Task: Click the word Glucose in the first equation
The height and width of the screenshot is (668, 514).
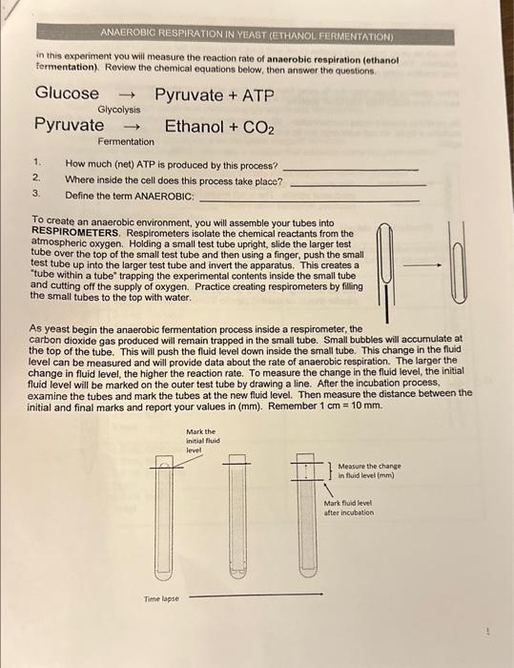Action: (67, 94)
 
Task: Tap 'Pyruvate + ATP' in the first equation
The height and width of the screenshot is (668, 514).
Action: (215, 94)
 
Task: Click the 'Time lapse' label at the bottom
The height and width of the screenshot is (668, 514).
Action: (158, 598)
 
